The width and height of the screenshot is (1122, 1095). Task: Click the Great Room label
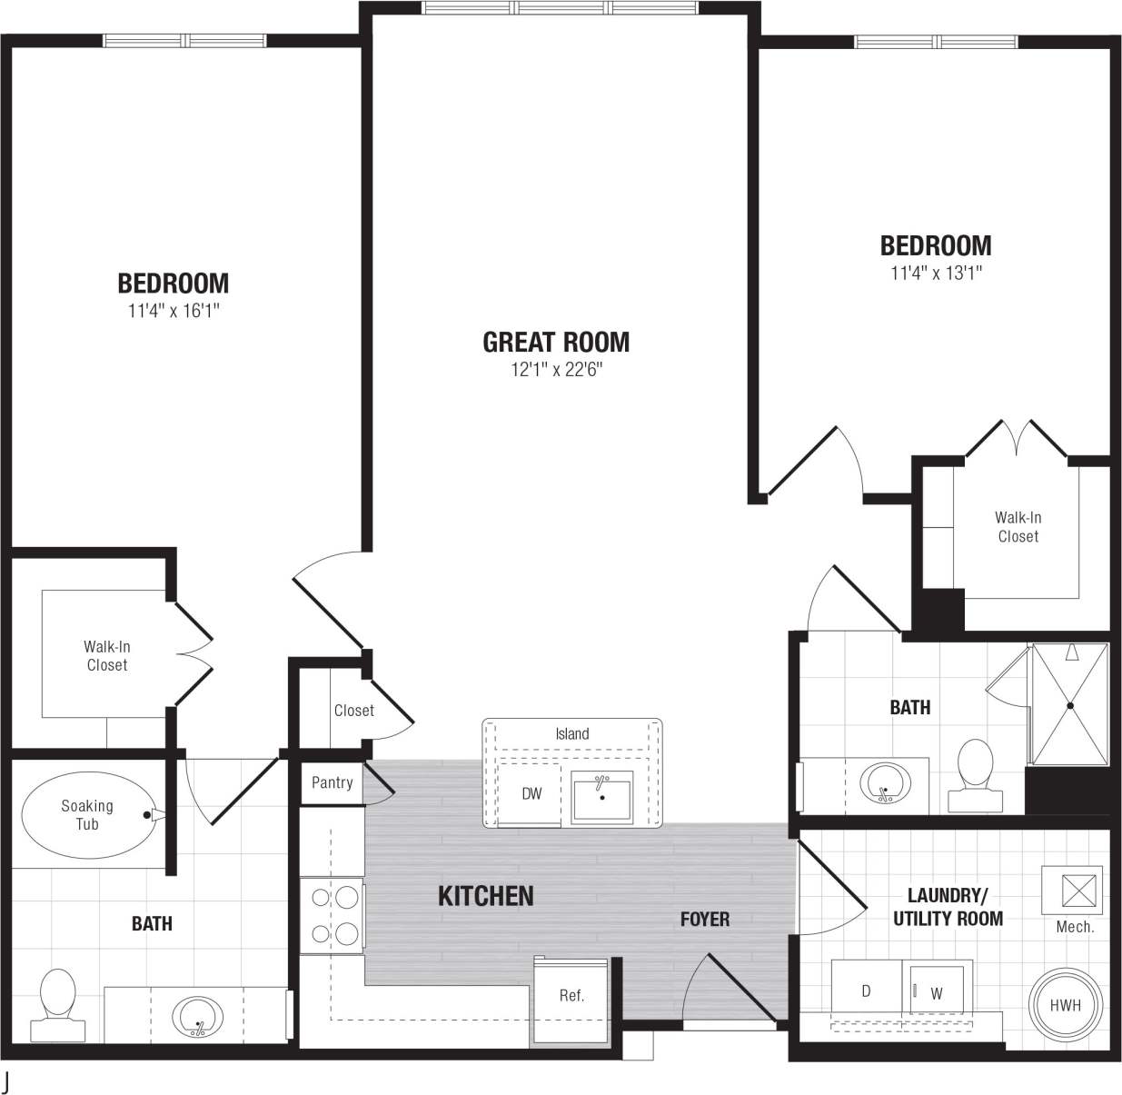click(555, 343)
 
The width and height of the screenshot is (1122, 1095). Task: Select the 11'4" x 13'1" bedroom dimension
click(936, 273)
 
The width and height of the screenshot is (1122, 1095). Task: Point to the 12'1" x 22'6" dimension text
click(556, 370)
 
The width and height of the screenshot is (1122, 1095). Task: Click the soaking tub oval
click(87, 815)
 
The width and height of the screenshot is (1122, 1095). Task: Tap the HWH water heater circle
click(1065, 1005)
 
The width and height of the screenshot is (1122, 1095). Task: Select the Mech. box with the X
click(1072, 888)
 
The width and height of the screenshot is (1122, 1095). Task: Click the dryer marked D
click(866, 990)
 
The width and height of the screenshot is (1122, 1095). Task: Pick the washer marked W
click(937, 992)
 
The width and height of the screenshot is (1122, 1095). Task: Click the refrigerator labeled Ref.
click(571, 997)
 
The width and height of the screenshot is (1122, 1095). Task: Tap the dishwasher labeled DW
click(531, 794)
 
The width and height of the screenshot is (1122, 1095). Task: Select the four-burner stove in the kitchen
click(333, 916)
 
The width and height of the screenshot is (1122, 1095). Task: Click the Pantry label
click(332, 782)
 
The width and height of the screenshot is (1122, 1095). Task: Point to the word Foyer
click(705, 920)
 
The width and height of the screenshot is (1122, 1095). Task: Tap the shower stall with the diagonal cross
click(1070, 705)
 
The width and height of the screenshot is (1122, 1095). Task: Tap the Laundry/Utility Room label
click(948, 907)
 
